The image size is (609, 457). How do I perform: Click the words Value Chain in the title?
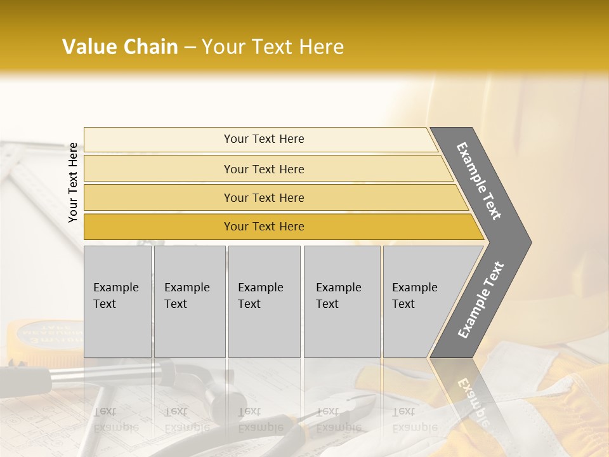point(120,47)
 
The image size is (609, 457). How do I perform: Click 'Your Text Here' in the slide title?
point(273,47)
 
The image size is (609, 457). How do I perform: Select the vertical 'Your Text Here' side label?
point(73,182)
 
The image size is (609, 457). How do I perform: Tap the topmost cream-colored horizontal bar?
point(263,139)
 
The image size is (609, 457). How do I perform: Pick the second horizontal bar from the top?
point(263,169)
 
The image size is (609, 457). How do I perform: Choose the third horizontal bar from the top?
point(263,197)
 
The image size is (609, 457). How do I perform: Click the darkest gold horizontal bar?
point(263,227)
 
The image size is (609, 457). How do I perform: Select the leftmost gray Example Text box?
point(117,301)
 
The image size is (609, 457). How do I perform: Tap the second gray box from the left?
point(189,301)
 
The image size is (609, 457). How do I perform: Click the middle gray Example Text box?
point(264,301)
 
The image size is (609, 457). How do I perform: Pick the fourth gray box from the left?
point(341,301)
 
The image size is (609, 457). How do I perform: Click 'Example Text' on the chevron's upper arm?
point(479,181)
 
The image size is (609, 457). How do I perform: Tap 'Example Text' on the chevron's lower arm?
point(481,300)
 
